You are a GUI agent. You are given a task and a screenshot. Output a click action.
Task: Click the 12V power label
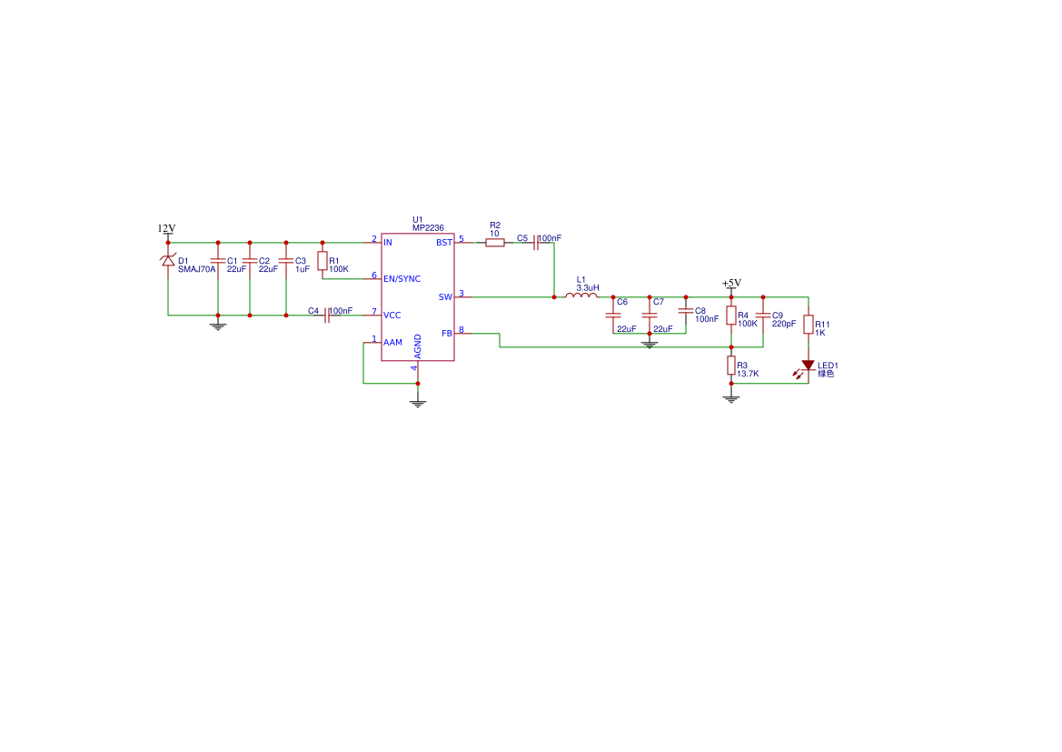[x=166, y=228]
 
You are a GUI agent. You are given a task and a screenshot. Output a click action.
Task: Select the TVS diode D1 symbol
[x=168, y=261]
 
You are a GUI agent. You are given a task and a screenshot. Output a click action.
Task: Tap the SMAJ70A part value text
[x=197, y=269]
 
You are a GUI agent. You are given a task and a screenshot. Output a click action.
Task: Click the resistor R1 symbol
[x=322, y=261]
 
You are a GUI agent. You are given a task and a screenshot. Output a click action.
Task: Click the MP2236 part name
[x=428, y=228]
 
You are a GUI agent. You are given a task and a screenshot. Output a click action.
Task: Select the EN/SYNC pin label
[x=402, y=278]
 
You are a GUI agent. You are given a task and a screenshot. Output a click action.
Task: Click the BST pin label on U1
[x=444, y=243]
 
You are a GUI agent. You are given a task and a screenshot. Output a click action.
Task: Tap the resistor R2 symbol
[x=495, y=243]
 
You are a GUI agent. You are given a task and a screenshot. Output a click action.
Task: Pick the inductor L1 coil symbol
[x=581, y=296]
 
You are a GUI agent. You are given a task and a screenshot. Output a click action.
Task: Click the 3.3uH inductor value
[x=588, y=287]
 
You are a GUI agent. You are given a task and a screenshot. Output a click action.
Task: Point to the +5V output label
[x=731, y=283]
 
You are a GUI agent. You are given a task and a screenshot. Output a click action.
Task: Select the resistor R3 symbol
[x=730, y=366]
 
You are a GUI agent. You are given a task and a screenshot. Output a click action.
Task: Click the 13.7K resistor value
[x=749, y=374]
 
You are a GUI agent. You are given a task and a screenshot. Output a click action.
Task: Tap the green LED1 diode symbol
[x=808, y=366]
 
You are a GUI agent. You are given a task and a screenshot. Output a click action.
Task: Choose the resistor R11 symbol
[x=808, y=326]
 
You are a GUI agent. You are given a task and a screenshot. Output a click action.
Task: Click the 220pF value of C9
[x=784, y=324]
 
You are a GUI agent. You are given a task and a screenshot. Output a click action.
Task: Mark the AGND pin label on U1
[x=418, y=346]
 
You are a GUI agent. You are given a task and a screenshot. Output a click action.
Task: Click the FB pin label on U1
[x=447, y=334]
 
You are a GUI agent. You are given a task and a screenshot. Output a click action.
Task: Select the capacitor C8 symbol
[x=686, y=312]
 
